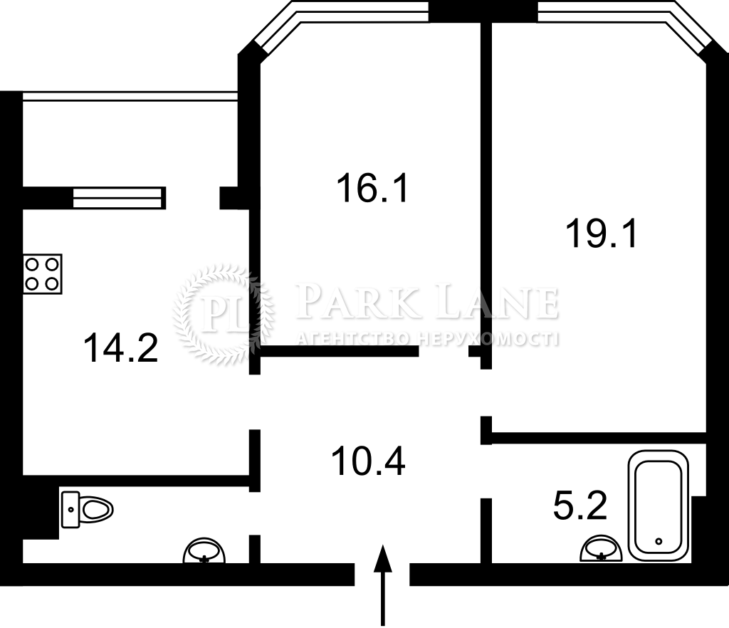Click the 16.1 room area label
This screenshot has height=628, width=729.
(x=372, y=188)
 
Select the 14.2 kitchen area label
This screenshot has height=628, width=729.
(x=121, y=347)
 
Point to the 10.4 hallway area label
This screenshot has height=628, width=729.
(x=368, y=461)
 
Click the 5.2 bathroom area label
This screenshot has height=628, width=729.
(x=580, y=506)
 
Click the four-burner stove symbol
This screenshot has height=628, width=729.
(x=42, y=274)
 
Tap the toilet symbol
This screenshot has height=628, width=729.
(x=88, y=510)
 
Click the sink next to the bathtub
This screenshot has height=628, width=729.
(x=601, y=548)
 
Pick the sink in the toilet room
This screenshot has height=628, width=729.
(x=204, y=551)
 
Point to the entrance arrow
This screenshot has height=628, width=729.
(x=382, y=586)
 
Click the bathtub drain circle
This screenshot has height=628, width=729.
(x=659, y=541)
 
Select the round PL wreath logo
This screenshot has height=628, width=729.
(x=224, y=314)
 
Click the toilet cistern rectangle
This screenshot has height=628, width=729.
(x=70, y=510)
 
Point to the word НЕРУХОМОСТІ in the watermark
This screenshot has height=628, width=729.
(x=488, y=340)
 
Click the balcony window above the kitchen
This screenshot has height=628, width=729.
(x=130, y=95)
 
